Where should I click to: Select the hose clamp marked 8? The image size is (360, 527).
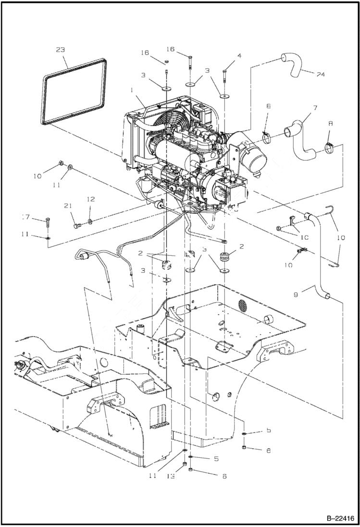pyautogui.click(x=329, y=147)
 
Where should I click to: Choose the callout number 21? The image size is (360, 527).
pyautogui.click(x=68, y=206)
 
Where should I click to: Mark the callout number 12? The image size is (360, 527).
pyautogui.click(x=90, y=199)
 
